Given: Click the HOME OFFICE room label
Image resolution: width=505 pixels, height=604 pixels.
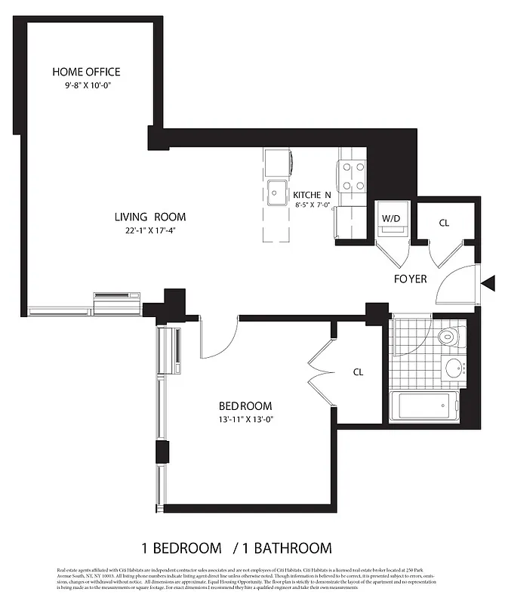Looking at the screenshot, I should pos(86,72).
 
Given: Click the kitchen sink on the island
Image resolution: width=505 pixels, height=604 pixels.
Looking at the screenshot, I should pos(277,190).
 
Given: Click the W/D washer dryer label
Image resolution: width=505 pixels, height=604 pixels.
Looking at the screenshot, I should pos(391,219).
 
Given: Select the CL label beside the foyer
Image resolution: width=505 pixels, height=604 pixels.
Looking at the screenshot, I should pos(445,223).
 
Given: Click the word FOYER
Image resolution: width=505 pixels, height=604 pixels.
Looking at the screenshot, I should pos(410,279).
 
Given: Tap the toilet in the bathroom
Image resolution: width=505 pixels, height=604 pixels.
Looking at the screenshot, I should pos(450,337).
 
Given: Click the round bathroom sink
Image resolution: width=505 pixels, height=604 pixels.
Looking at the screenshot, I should pos(454,368).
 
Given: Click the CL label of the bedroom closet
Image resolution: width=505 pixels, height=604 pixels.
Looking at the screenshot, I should pos(359,372).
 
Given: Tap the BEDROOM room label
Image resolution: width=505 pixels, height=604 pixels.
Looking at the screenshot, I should pos(245,405).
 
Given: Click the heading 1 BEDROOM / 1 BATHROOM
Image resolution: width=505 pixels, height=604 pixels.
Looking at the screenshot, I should pos(236,547).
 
